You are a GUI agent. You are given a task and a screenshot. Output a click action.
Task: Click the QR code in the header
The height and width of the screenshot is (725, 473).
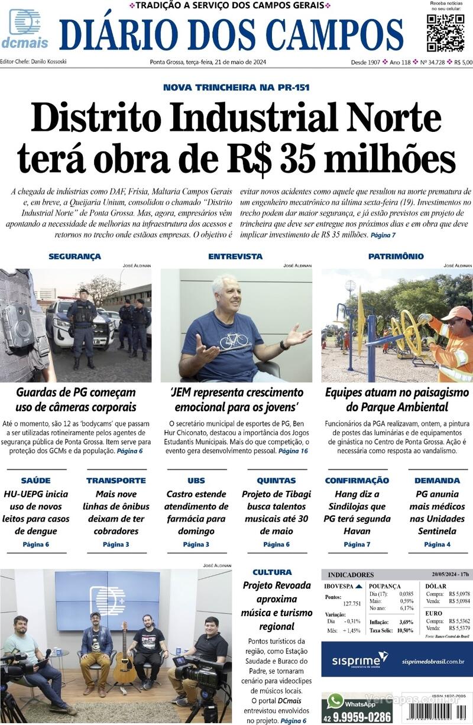tap(445, 33)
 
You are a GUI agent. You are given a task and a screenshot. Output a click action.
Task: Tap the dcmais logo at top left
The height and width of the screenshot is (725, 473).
tap(24, 29)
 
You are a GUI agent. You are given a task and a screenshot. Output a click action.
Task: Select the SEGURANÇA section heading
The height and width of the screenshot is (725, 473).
tap(74, 257)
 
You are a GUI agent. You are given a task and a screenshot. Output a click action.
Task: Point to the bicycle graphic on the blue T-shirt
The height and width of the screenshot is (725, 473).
tap(233, 341)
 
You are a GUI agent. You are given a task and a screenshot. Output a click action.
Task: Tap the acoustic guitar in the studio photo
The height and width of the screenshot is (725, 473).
tap(125, 656)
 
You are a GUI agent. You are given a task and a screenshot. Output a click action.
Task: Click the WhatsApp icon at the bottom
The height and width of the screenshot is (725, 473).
tap(336, 701)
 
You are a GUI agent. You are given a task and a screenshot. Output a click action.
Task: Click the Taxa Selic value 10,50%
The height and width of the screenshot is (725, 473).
tap(406, 631)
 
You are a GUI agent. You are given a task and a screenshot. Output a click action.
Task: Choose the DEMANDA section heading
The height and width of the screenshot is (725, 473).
tap(437, 481)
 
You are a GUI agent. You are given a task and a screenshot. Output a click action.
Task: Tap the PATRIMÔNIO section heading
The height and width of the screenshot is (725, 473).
tap(396, 257)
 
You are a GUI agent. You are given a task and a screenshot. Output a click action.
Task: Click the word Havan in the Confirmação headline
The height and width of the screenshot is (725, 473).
tap(357, 531)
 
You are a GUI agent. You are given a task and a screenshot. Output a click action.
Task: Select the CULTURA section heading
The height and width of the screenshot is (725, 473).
tap(272, 572)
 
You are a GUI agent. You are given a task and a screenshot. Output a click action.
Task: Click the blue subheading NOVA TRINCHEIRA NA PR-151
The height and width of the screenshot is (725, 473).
tap(236, 88)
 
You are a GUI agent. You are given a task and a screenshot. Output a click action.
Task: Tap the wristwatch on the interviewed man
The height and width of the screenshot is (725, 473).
tap(284, 345)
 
